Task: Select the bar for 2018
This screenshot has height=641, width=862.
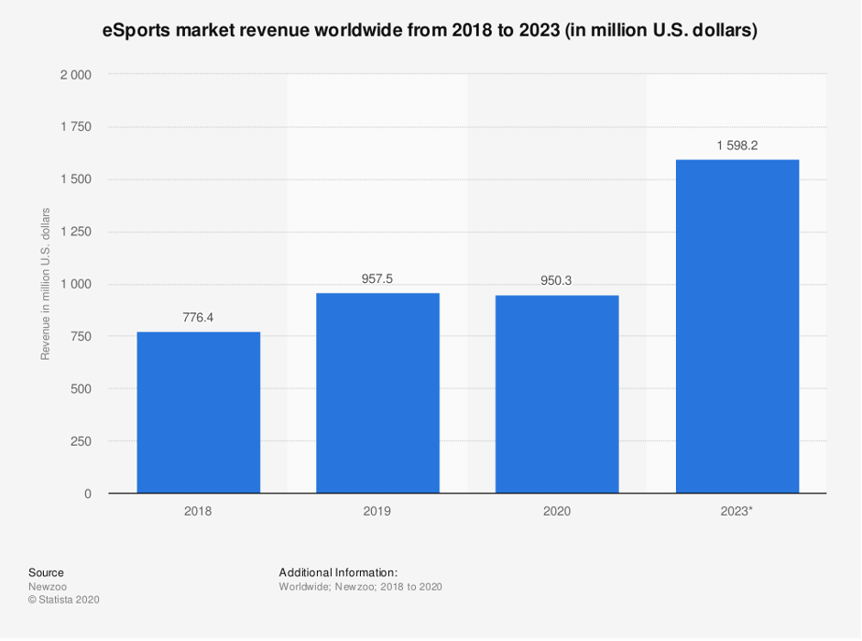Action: click(x=198, y=412)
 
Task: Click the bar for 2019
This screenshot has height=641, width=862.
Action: click(x=377, y=393)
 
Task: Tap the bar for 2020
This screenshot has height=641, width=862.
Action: click(x=557, y=394)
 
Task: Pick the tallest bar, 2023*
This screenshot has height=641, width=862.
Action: click(x=737, y=326)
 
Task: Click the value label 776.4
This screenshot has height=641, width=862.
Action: click(x=198, y=318)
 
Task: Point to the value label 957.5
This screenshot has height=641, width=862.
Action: click(x=377, y=279)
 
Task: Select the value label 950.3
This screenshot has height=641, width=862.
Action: click(x=557, y=281)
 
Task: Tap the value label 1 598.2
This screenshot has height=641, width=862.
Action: click(x=737, y=145)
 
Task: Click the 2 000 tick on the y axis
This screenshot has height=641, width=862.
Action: click(x=75, y=75)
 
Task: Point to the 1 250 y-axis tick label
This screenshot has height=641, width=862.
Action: click(x=75, y=232)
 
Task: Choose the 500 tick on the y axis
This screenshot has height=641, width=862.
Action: click(x=81, y=389)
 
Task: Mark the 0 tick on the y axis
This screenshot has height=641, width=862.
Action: click(x=87, y=494)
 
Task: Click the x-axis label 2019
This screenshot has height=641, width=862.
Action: click(x=377, y=511)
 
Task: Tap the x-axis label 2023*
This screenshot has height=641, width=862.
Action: click(x=737, y=511)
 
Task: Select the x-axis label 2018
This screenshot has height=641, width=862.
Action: click(x=198, y=511)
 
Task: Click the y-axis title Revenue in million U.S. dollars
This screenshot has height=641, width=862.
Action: click(x=45, y=284)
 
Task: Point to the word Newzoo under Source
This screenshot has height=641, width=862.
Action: click(x=48, y=586)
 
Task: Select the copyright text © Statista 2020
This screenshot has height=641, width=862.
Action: click(x=63, y=600)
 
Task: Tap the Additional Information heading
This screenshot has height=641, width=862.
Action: click(x=338, y=572)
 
